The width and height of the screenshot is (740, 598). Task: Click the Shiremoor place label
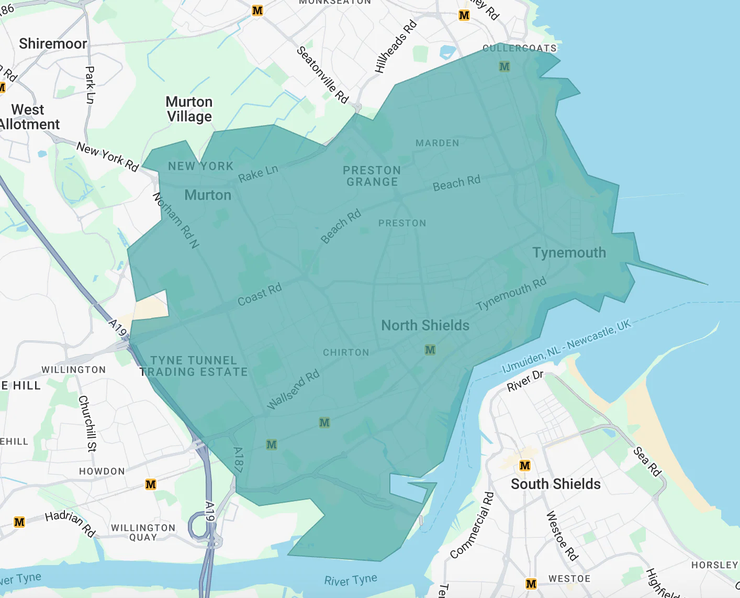click(53, 43)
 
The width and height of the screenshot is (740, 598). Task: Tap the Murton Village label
click(189, 109)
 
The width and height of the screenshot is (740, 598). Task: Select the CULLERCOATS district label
click(519, 48)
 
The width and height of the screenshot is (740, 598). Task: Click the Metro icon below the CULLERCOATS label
click(504, 67)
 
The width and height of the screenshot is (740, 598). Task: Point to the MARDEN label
click(437, 143)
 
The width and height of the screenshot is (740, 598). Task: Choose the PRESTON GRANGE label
click(372, 176)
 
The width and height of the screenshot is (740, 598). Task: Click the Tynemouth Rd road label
click(511, 293)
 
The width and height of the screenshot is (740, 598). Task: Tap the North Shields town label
click(425, 325)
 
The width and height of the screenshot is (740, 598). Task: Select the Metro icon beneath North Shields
click(430, 350)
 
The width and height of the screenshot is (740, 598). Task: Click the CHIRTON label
click(346, 352)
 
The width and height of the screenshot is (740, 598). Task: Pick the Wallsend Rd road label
click(293, 390)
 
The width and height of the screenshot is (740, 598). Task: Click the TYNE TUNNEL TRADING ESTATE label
click(194, 366)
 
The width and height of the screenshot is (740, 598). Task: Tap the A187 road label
click(238, 460)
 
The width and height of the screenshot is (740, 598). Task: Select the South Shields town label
click(556, 484)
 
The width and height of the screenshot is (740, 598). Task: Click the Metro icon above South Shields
click(525, 466)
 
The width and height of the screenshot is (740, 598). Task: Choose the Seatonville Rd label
click(322, 75)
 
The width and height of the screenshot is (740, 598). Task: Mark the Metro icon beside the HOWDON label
click(151, 484)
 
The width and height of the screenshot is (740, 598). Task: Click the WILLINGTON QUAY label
click(143, 532)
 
